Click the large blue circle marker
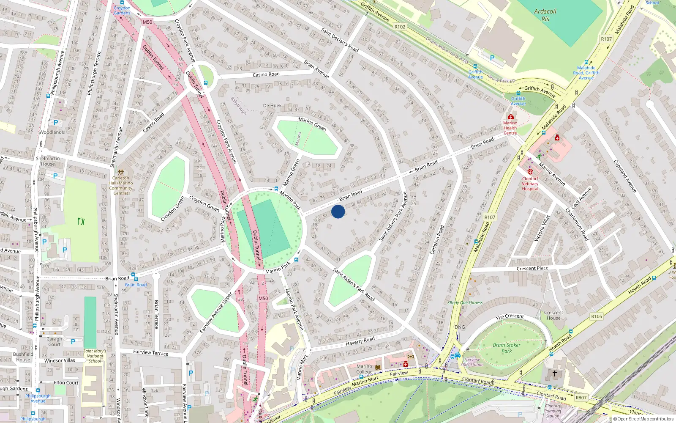[338, 211]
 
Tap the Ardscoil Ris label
[545, 15]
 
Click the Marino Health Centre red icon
[510, 117]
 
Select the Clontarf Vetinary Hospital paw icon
[530, 172]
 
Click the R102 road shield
[400, 27]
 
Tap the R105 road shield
[597, 316]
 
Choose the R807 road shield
[581, 398]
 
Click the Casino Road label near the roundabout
[266, 74]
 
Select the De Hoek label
[272, 105]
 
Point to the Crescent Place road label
[532, 268]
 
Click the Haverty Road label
[360, 341]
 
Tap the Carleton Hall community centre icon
[121, 172]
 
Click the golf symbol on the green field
[81, 221]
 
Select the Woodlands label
[52, 132]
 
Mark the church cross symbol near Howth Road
[555, 374]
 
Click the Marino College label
[364, 369]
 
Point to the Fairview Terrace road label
[150, 352]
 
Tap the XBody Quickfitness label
[465, 302]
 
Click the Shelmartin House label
[48, 161]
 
